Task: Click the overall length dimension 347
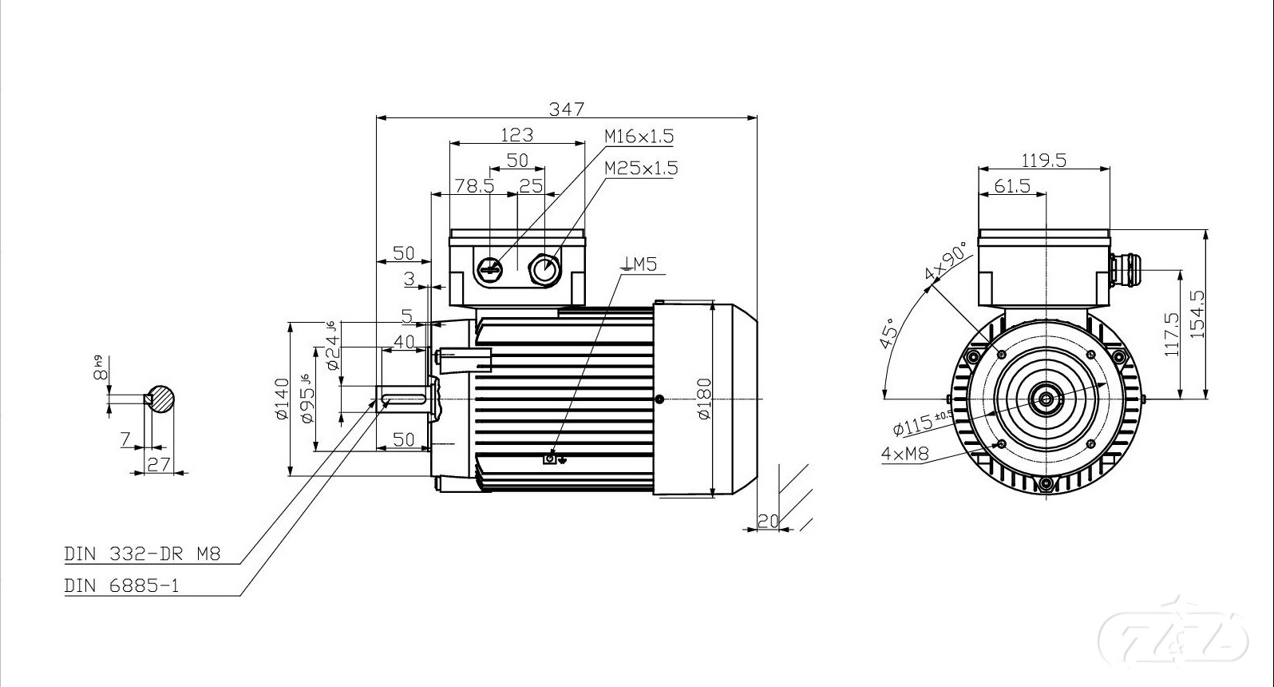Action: [x=567, y=108]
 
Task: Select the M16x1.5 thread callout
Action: [x=639, y=137]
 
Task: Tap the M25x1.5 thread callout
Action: [x=641, y=169]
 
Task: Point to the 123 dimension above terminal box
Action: [x=516, y=134]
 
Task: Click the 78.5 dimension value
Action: [x=474, y=186]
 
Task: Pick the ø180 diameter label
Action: [x=703, y=399]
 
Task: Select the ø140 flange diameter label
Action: [x=281, y=399]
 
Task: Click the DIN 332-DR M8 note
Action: [x=142, y=554]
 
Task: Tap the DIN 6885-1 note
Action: [x=121, y=586]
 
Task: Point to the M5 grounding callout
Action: [x=640, y=264]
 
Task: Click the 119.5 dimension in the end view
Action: [x=1044, y=160]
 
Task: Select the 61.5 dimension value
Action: [x=1012, y=186]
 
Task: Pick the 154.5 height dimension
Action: [x=1197, y=314]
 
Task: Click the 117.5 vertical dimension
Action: [x=1172, y=334]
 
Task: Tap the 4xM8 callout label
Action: [x=905, y=454]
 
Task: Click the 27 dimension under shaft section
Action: [x=159, y=464]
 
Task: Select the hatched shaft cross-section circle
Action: [x=162, y=399]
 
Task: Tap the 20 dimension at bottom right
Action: [x=768, y=521]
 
